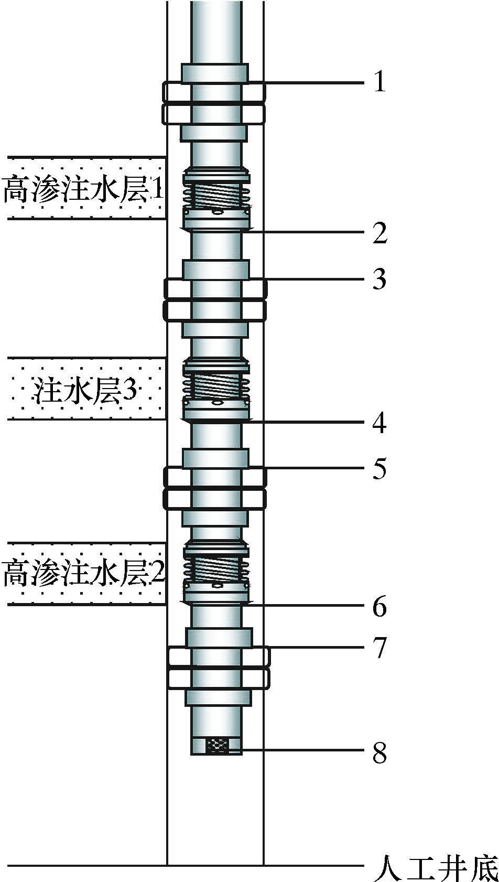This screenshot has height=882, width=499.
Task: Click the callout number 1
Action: coord(379,82)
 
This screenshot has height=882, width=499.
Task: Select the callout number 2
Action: coord(380,233)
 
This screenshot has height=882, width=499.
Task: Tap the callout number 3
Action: coord(379,279)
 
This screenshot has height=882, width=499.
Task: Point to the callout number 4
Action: coord(379,423)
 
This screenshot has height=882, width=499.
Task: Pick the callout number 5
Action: coord(379,468)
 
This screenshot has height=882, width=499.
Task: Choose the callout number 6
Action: coord(379,606)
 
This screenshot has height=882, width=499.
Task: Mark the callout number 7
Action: coord(379,647)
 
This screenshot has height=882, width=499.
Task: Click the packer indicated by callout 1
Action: coord(214,103)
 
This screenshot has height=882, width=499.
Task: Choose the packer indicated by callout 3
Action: coord(215,299)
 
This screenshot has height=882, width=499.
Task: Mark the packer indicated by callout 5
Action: coord(215,488)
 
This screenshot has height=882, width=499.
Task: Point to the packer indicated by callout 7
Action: coord(219,668)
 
